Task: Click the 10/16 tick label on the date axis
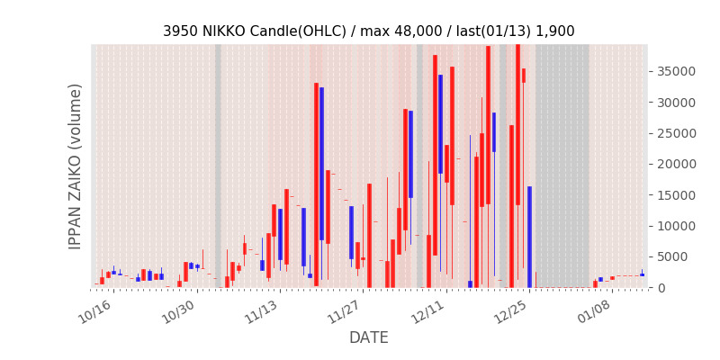coord(94,311)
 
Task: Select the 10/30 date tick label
coord(178,311)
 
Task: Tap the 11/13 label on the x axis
coord(261,311)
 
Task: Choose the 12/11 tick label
coord(427,311)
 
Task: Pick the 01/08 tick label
coord(594,311)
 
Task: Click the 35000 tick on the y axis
coord(673,71)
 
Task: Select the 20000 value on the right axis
coord(673,164)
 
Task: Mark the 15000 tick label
coord(673,194)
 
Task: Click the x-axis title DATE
coord(369,337)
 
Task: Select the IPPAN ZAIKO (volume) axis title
coord(76,166)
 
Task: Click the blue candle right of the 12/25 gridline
coord(529,237)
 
